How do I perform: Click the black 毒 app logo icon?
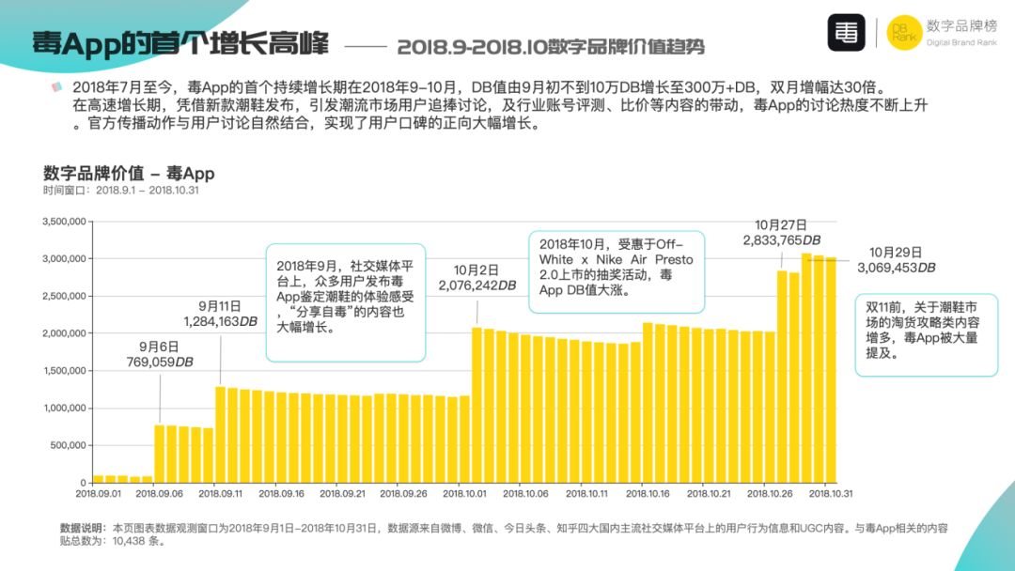click(x=846, y=33)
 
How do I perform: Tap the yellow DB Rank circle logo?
click(x=902, y=33)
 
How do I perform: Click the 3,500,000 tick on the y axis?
click(x=65, y=222)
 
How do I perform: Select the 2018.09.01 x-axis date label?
click(x=98, y=492)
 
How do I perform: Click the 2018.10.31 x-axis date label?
click(x=831, y=492)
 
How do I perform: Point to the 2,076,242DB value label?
click(x=476, y=285)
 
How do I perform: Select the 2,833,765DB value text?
click(x=781, y=240)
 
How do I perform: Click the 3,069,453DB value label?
click(x=896, y=268)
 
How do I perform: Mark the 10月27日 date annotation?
click(x=781, y=225)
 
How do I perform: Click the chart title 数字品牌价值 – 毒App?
click(x=129, y=173)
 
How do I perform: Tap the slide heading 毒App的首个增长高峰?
click(x=180, y=43)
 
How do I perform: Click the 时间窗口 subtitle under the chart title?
click(x=119, y=190)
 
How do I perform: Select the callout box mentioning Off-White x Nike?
click(x=616, y=273)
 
